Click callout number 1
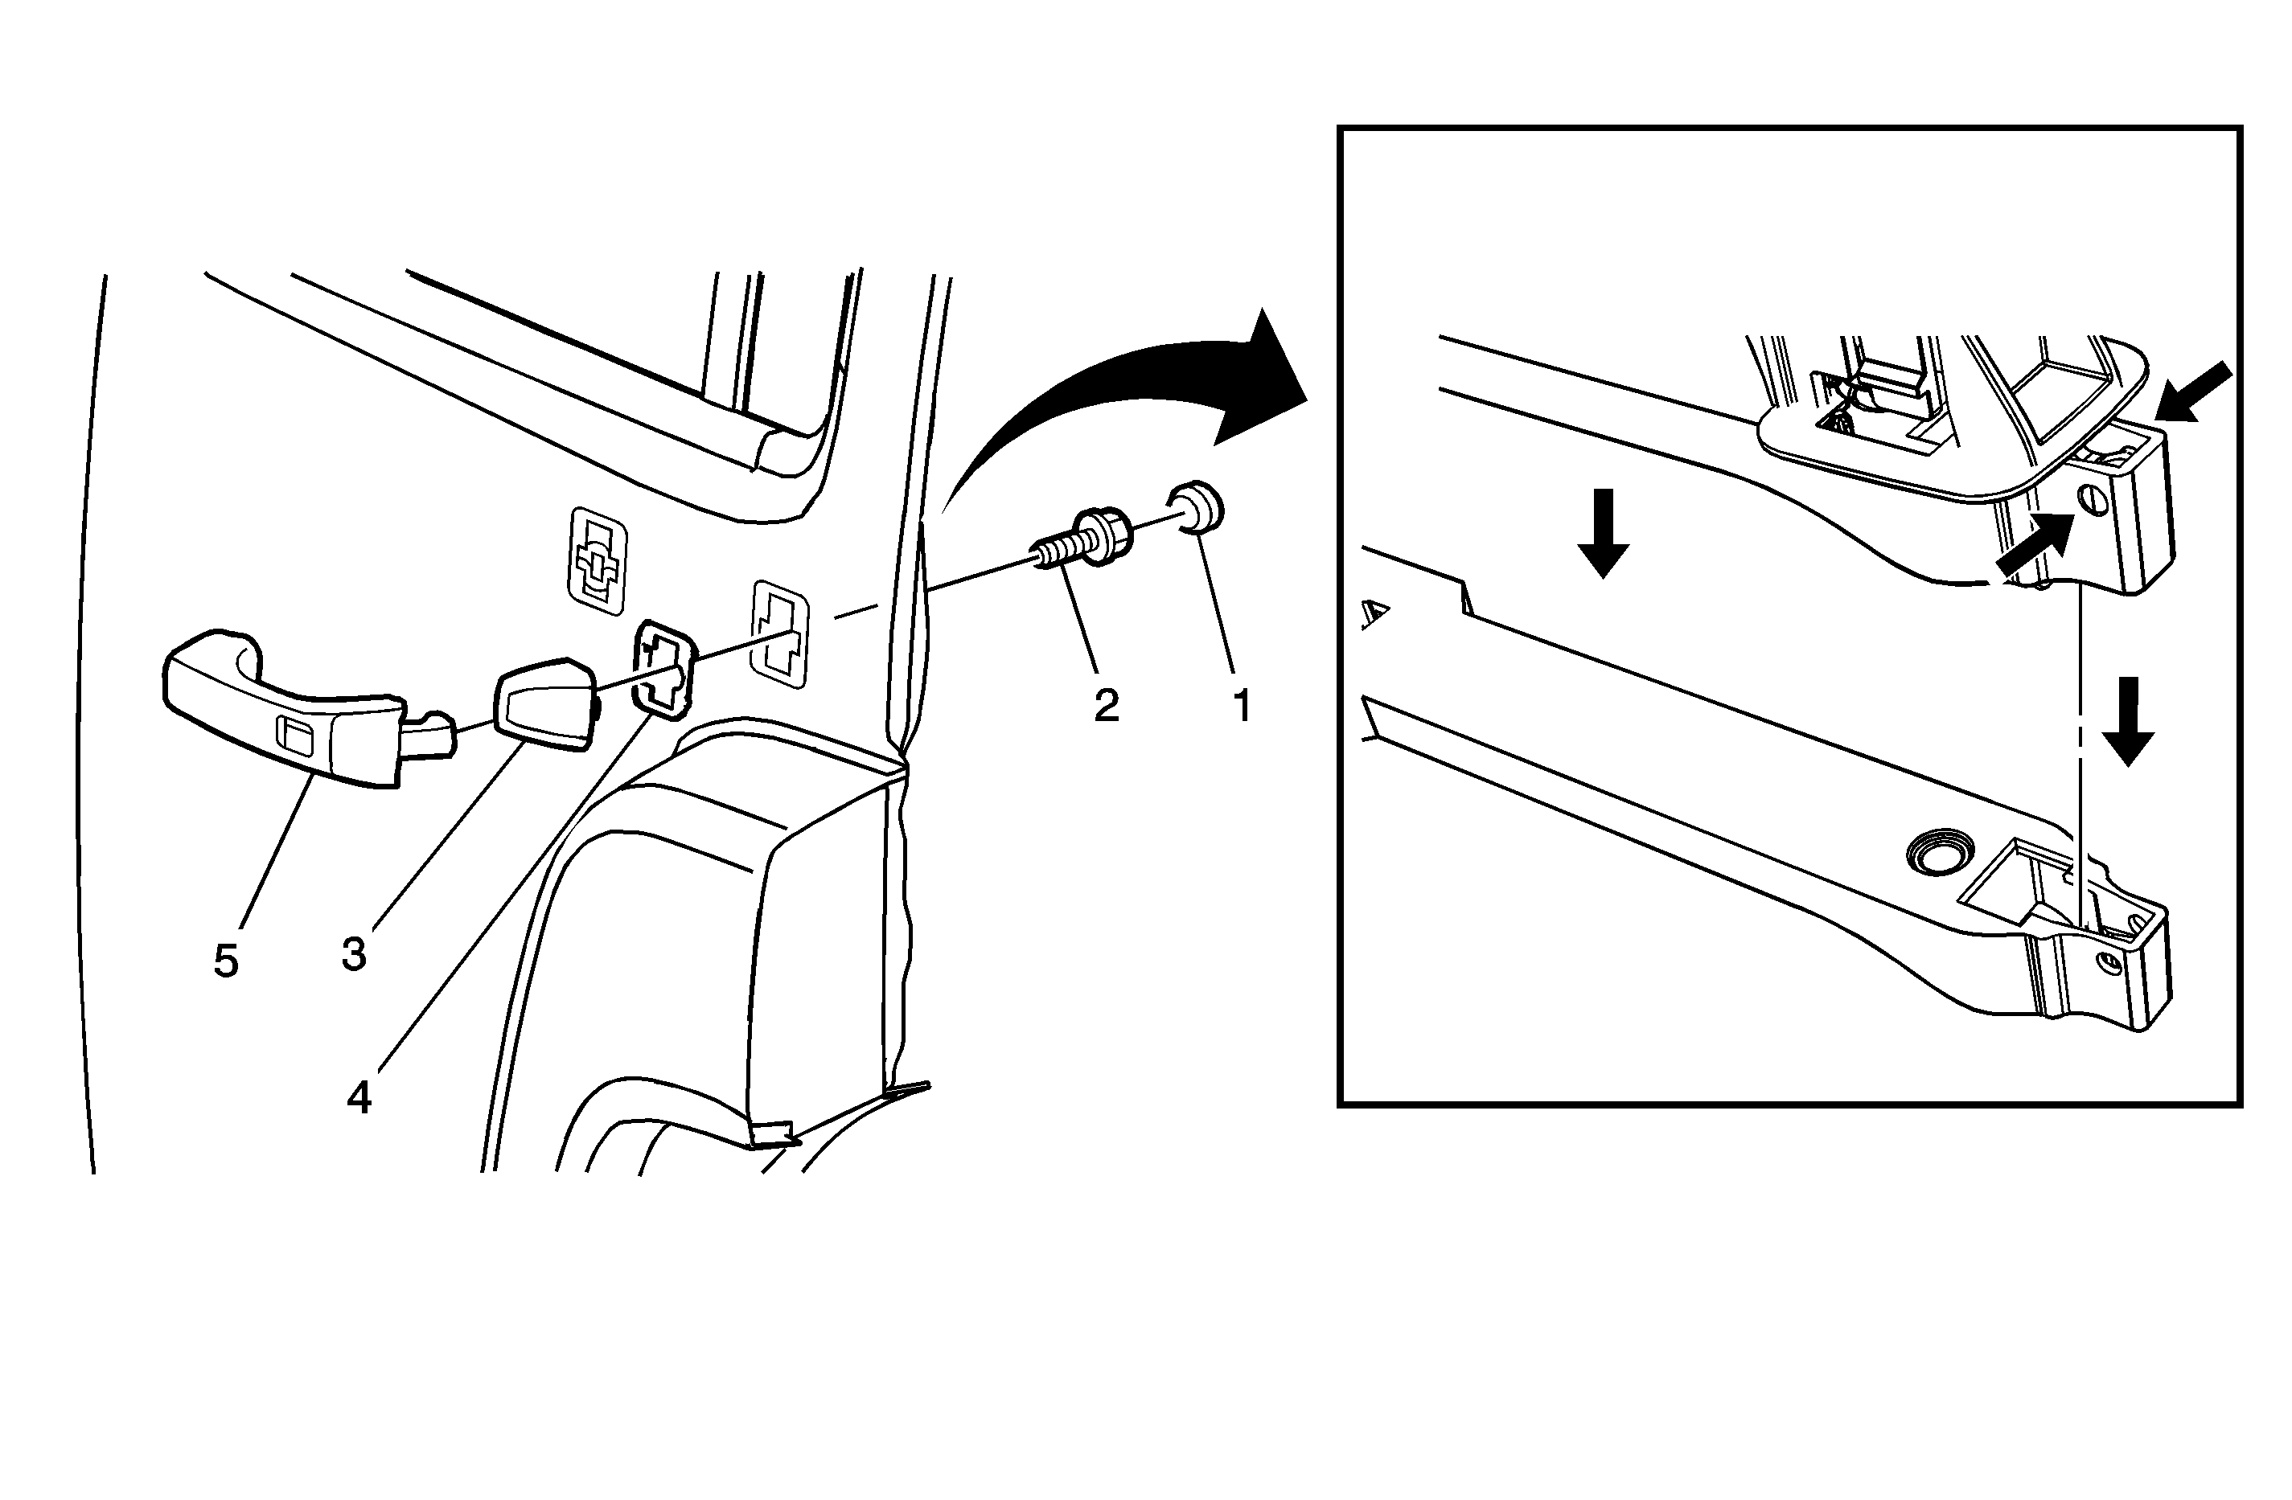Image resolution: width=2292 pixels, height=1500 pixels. pyautogui.click(x=1243, y=706)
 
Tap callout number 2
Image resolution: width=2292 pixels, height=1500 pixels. pyautogui.click(x=1107, y=706)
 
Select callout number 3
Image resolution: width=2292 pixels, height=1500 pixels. pyautogui.click(x=355, y=953)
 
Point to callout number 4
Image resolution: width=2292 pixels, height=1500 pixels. pyautogui.click(x=359, y=1097)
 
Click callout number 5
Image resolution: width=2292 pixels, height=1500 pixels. pyautogui.click(x=225, y=960)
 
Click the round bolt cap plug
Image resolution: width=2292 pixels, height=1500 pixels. pyautogui.click(x=1195, y=507)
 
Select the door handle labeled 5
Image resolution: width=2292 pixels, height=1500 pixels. pyautogui.click(x=306, y=707)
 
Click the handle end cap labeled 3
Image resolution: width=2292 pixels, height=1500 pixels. pyautogui.click(x=545, y=703)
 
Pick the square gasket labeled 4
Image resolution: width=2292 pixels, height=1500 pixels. pyautogui.click(x=664, y=669)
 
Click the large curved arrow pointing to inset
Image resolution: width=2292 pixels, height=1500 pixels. pyautogui.click(x=1122, y=385)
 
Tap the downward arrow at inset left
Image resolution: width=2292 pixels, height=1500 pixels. pyautogui.click(x=1604, y=532)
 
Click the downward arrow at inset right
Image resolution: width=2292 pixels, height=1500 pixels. pyautogui.click(x=2127, y=721)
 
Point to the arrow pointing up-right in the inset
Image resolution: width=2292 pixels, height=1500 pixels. pyautogui.click(x=2035, y=544)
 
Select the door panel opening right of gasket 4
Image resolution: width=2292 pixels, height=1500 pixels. pyautogui.click(x=780, y=633)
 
